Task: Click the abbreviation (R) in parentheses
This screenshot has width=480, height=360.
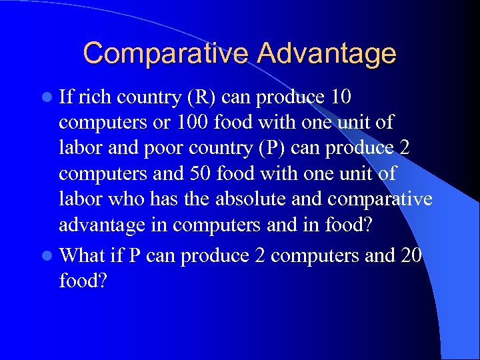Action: pyautogui.click(x=200, y=97)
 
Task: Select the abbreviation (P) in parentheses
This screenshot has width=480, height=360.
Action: pyautogui.click(x=273, y=148)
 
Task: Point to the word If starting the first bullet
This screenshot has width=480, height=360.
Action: pyautogui.click(x=66, y=97)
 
